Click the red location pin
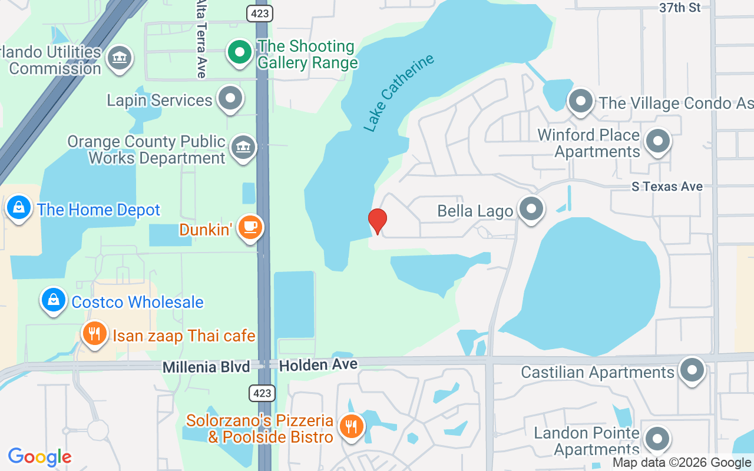tap(378, 221)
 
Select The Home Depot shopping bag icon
tap(19, 208)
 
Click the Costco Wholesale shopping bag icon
tap(54, 300)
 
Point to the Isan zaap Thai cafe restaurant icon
tap(94, 334)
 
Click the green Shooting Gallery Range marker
tap(240, 52)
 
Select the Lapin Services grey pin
tap(230, 98)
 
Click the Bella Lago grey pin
tap(531, 209)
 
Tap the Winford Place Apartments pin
tap(658, 141)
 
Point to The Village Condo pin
tap(581, 101)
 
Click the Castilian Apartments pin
tap(692, 370)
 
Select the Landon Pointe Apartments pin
tap(657, 439)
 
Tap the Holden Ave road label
tap(318, 365)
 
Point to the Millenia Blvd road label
tap(206, 367)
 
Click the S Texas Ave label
tap(667, 187)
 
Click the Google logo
tap(39, 456)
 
